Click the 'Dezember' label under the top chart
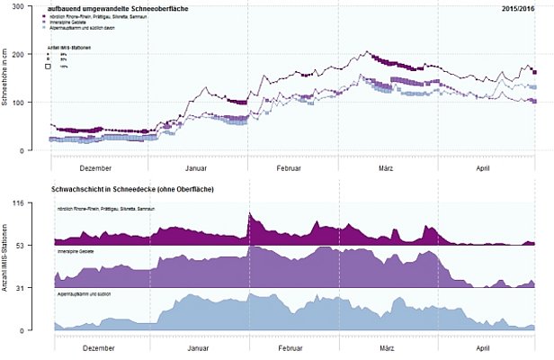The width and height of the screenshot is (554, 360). tap(95, 167)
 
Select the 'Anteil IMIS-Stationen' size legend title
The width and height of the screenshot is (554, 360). tap(67, 46)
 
